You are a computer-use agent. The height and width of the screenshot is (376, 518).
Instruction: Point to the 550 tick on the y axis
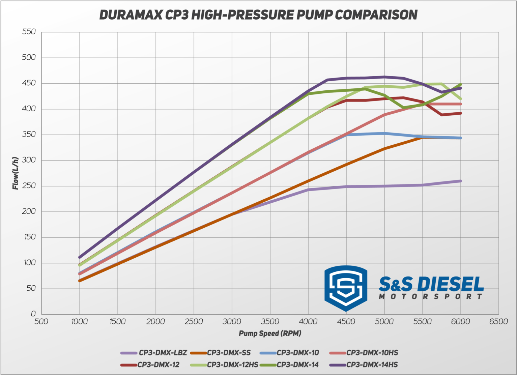29,32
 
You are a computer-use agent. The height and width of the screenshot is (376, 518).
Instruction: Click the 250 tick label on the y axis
29,186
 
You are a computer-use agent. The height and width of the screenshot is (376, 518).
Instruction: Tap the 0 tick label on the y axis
33,314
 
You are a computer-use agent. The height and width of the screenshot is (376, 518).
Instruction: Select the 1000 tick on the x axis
79,322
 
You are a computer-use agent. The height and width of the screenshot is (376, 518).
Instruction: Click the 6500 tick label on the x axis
498,322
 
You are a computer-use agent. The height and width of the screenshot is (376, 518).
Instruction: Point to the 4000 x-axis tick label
308,322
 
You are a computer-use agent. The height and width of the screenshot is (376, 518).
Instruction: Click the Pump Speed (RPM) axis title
270,334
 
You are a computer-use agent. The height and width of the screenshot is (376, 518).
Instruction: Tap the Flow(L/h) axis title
16,173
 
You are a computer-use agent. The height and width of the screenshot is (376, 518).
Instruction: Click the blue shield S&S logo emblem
345,288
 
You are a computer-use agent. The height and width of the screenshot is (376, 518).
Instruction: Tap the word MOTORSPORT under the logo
431,297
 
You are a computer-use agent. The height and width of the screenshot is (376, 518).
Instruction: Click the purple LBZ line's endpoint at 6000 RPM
461,181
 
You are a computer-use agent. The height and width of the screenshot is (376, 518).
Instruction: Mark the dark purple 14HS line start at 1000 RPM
80,257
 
